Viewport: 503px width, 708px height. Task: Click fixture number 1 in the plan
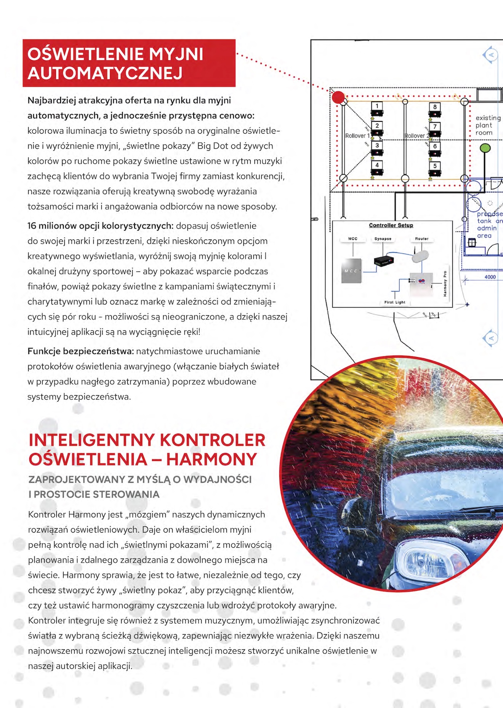(x=377, y=106)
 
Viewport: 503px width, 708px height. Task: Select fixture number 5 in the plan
(x=435, y=166)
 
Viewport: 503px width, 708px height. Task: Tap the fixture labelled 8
(x=435, y=107)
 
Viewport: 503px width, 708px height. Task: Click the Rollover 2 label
(x=416, y=136)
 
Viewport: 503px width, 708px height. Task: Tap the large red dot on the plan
(x=338, y=97)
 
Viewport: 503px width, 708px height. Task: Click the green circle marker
(x=485, y=148)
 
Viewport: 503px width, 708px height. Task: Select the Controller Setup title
(x=391, y=225)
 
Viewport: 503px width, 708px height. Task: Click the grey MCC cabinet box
(x=351, y=271)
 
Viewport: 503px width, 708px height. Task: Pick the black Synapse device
(x=384, y=261)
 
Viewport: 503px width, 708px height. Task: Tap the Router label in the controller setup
(x=422, y=239)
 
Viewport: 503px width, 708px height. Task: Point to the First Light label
(x=395, y=302)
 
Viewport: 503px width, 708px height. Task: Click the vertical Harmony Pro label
(x=445, y=284)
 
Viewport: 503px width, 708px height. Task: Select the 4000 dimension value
(x=490, y=277)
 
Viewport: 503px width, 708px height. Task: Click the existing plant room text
(x=487, y=125)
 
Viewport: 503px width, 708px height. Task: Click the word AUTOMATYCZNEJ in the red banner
(x=105, y=73)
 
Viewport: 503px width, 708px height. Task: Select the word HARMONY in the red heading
(x=211, y=459)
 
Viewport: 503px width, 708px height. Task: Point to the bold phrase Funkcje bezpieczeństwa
(x=80, y=351)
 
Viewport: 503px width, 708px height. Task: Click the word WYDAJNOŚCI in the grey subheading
(x=218, y=480)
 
